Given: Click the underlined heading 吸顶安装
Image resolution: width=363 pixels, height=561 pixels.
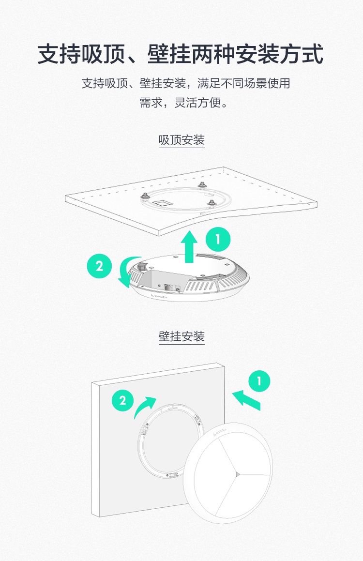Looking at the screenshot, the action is coord(181,140).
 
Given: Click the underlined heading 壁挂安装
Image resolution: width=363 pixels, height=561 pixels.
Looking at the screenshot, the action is coord(181,336).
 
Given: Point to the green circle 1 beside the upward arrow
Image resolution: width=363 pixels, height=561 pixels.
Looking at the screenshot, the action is coord(218,239).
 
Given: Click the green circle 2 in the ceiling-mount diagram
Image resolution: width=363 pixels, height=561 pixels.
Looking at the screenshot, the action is coord(99,266).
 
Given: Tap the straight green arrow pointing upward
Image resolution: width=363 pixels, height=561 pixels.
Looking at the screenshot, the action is coord(189,246).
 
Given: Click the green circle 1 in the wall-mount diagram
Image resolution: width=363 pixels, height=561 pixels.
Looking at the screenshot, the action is coord(259,380).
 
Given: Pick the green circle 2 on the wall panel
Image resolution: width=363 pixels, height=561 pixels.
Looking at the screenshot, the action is coord(122,400).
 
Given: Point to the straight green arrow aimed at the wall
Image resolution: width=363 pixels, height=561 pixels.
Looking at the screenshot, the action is coord(246,400).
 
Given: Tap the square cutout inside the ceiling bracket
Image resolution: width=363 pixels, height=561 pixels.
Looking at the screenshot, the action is coord(162,203).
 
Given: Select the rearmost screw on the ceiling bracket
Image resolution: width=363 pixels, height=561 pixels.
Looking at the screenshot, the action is coord(202,184).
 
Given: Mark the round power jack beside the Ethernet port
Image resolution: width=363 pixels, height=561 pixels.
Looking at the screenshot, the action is coord(178,288).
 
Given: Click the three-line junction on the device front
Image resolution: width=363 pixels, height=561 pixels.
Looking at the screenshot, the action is coord(237,474).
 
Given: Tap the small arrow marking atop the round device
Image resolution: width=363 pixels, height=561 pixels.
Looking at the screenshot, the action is coord(220,432).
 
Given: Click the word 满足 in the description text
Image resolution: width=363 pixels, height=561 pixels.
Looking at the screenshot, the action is coord(209,83).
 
